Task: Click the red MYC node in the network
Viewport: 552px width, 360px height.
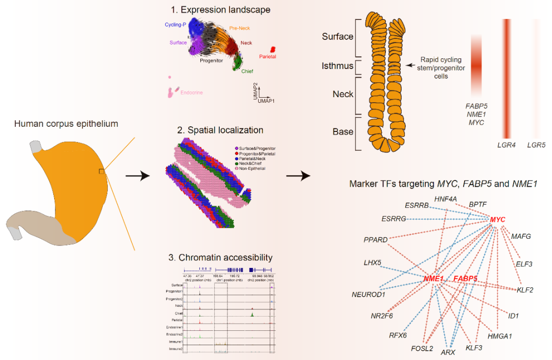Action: (497, 219)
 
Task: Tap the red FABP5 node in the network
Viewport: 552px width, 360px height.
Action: (466, 279)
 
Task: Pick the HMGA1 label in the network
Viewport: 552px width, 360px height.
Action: (499, 336)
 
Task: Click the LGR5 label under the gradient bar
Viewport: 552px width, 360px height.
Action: (536, 145)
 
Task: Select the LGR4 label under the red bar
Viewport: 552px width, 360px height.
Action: (506, 145)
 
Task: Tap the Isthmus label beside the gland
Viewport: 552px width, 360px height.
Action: (337, 66)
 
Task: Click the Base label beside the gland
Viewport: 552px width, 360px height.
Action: (343, 131)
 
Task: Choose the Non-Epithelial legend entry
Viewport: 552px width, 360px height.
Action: (252, 168)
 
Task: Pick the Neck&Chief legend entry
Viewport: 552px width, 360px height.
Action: (249, 163)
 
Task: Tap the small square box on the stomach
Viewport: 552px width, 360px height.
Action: (102, 171)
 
